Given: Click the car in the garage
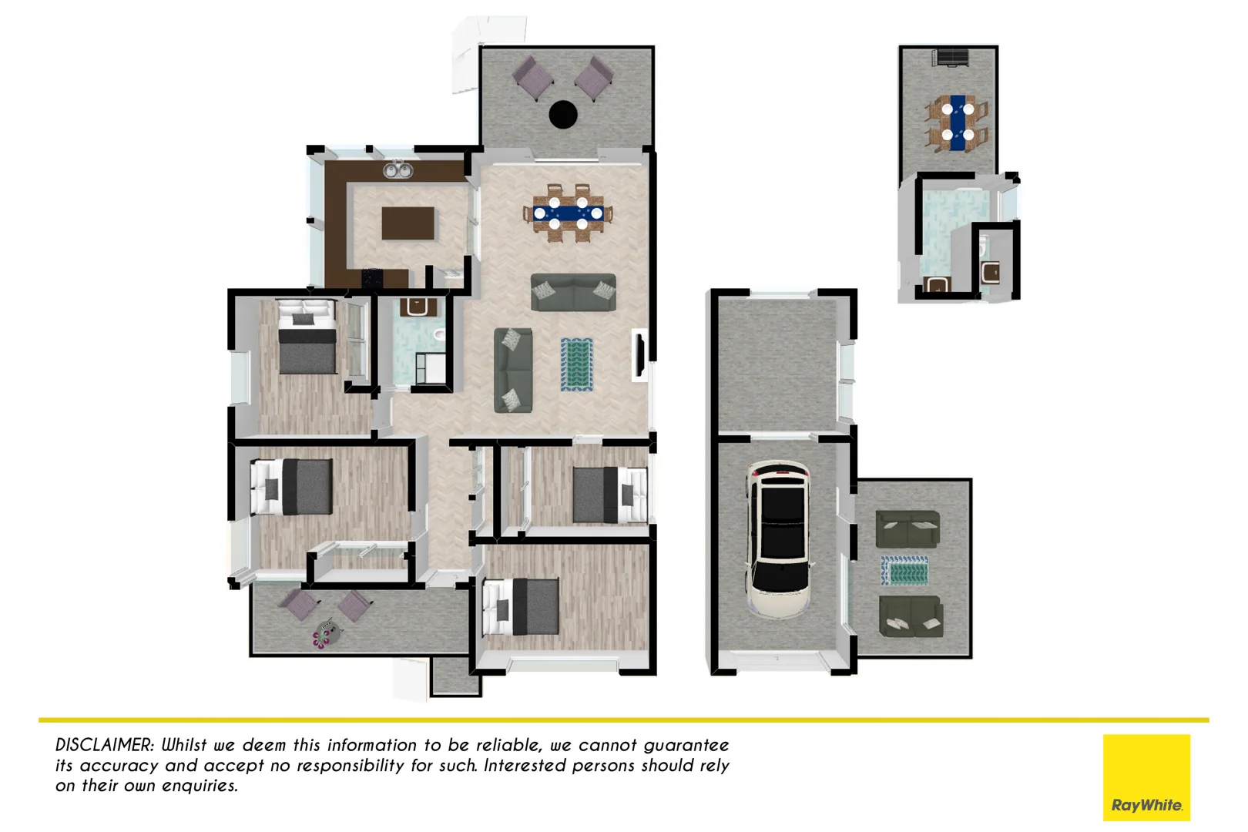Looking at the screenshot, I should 779,538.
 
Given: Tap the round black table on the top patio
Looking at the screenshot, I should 563,115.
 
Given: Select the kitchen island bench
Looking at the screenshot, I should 408,223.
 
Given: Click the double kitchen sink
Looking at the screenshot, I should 398,169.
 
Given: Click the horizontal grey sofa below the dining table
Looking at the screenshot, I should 573,293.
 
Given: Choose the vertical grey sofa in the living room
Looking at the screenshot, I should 512,370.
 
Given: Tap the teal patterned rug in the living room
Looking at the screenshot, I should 576,364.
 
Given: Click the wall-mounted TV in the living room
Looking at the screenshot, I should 639,355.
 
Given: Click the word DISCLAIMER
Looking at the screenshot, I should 105,745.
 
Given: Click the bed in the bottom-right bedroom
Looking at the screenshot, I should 521,606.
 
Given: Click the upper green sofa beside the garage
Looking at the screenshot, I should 907,529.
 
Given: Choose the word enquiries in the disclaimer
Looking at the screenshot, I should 200,786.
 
